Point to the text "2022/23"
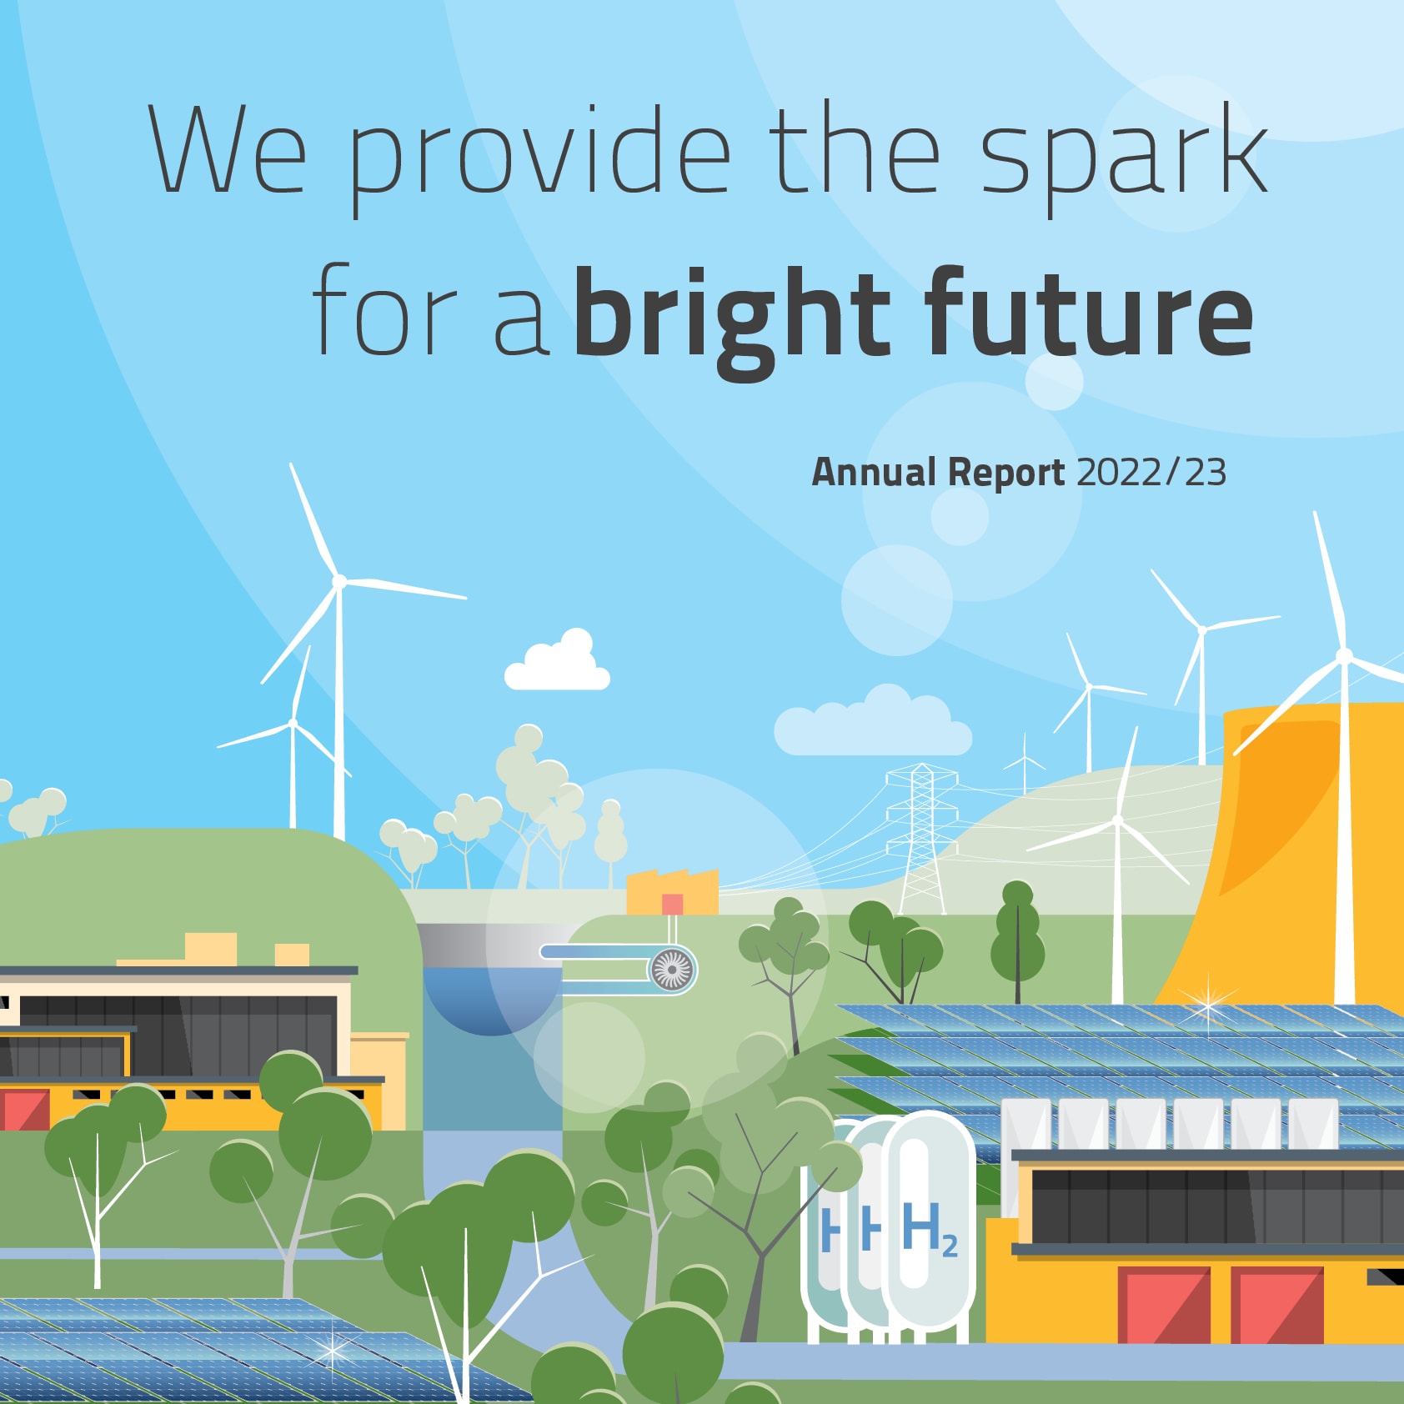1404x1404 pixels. (x=1151, y=472)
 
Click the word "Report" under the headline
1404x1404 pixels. (x=1006, y=473)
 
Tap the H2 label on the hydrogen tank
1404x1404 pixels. (x=930, y=1229)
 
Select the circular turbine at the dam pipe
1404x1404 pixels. (x=672, y=970)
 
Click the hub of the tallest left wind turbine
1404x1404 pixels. (x=339, y=581)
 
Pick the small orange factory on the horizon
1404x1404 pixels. (x=672, y=893)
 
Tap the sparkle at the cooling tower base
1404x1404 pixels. (x=1208, y=1004)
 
